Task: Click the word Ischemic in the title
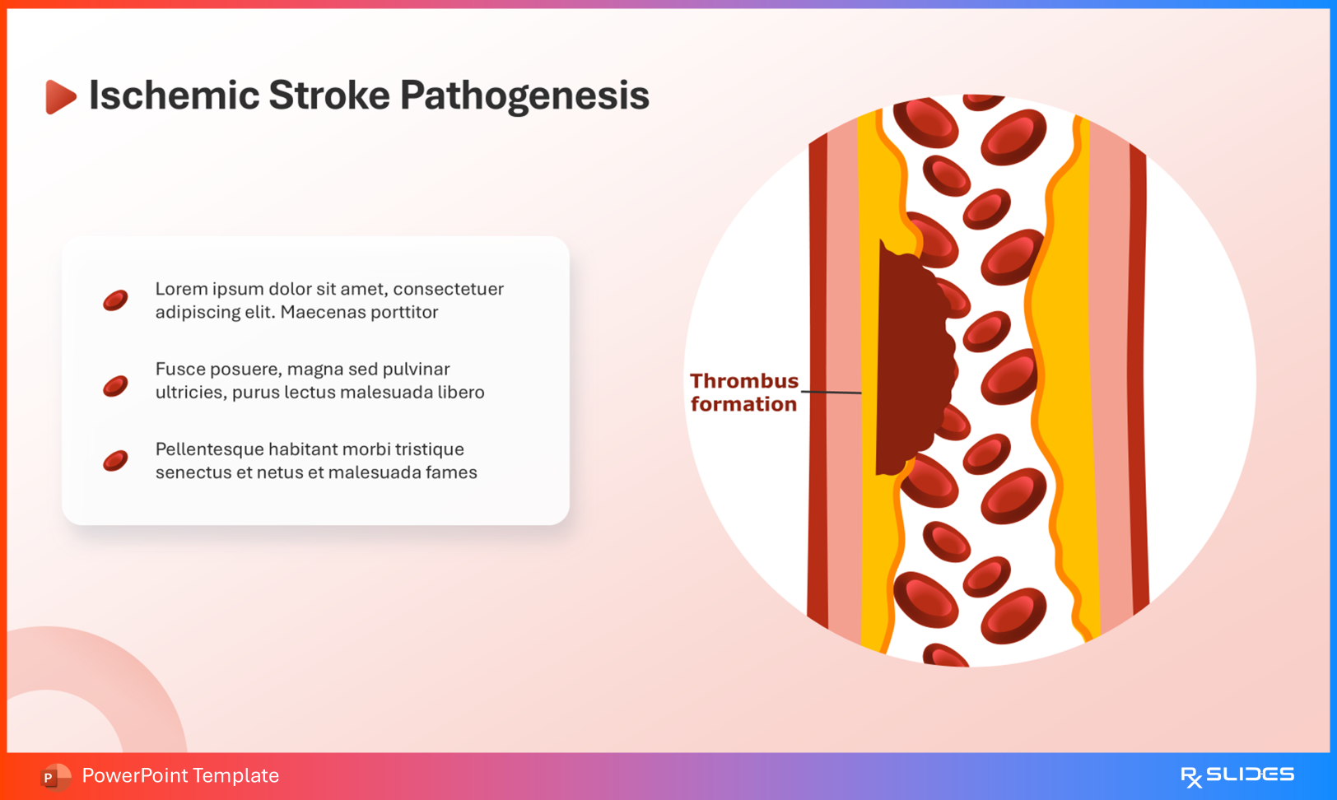[174, 95]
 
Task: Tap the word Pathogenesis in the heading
[524, 96]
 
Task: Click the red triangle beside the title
[60, 96]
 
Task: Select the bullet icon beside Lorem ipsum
[115, 300]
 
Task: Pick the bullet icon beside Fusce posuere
[115, 385]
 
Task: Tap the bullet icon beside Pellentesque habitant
[115, 461]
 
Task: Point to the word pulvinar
[416, 370]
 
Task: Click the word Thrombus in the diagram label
[743, 381]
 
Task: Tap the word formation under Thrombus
[743, 404]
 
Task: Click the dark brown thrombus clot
[910, 362]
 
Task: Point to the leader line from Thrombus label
[832, 392]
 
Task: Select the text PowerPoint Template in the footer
[180, 775]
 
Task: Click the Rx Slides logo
[1237, 775]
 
